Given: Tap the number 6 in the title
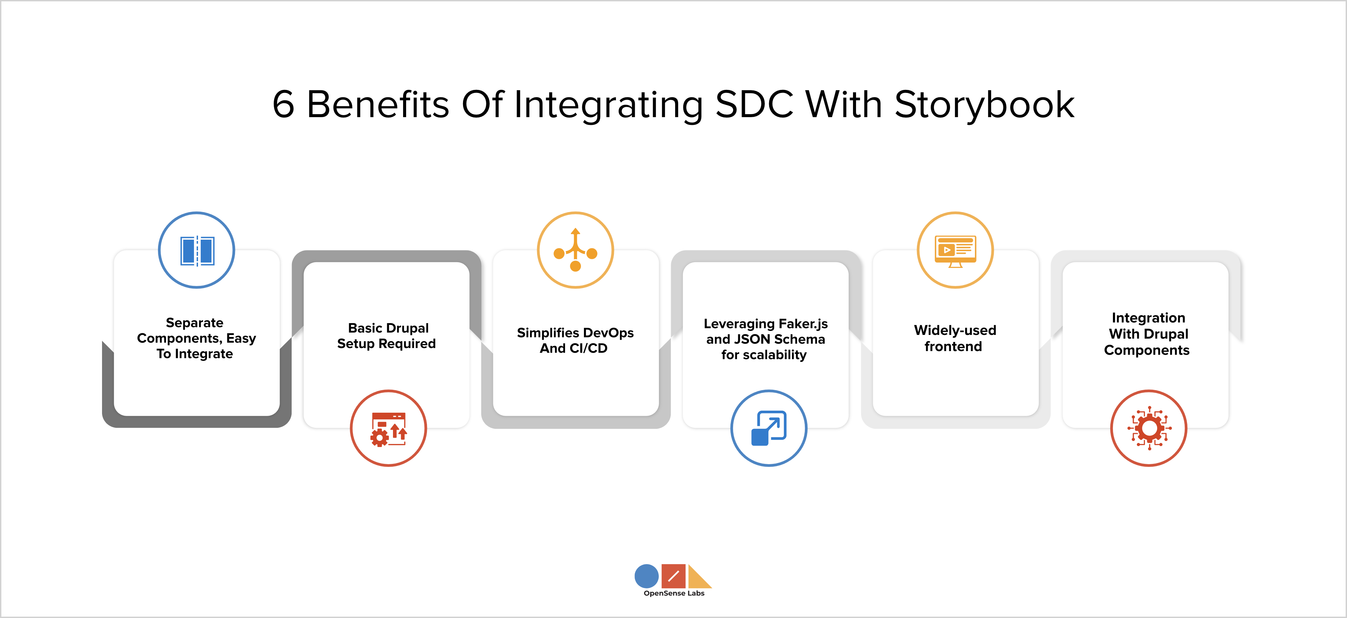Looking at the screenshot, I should click(x=284, y=105).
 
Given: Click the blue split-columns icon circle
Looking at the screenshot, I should click(x=197, y=250).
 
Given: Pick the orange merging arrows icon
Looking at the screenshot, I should click(x=575, y=250).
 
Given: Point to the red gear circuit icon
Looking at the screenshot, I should click(x=1148, y=428).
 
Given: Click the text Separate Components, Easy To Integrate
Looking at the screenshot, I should click(x=196, y=338).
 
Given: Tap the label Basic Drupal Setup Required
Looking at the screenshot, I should click(x=387, y=336).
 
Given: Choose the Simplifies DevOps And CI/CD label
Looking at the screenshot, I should click(x=575, y=340).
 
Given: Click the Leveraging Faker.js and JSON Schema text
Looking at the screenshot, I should click(x=765, y=339).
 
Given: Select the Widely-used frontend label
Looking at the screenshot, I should click(x=954, y=338).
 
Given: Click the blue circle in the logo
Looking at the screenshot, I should click(x=646, y=576).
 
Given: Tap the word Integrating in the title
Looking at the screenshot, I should click(x=609, y=105).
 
